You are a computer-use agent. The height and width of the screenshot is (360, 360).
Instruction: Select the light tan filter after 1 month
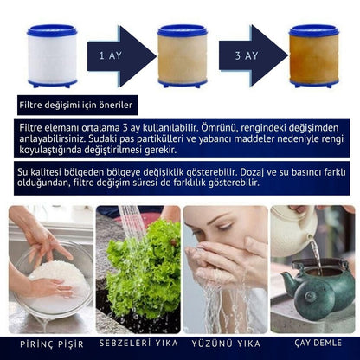tap(182, 56)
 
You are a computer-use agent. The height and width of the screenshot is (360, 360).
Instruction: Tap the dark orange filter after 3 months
tap(313, 56)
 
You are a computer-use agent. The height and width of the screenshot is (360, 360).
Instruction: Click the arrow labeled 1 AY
tap(116, 56)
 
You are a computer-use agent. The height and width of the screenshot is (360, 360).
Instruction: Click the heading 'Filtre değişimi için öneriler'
tap(77, 106)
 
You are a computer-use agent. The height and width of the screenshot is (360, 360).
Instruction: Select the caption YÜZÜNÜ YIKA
tap(225, 342)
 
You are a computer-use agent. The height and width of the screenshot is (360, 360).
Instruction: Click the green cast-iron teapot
tap(318, 290)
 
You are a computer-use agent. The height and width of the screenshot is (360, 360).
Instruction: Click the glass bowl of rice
tap(52, 281)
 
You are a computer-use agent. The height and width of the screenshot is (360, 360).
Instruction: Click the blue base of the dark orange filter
tap(313, 83)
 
